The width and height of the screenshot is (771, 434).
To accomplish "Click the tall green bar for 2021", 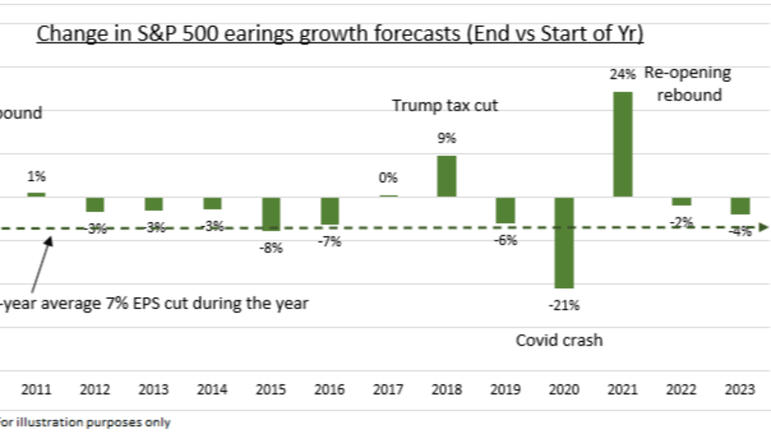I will pos(623,144).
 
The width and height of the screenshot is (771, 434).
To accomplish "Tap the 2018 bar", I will pos(446,176).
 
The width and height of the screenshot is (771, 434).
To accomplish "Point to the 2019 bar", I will pos(505,210).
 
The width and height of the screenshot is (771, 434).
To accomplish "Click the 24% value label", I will pos(622,74).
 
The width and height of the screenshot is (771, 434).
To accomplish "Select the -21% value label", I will pos(564,306).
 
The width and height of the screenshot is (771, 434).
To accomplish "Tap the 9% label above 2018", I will pos(446,138).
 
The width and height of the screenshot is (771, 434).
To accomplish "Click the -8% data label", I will pos(270,248).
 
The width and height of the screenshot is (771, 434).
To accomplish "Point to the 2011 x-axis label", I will pos(36,389).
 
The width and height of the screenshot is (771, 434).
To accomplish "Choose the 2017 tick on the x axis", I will pos(388,389).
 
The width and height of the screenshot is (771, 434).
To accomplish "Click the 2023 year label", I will pos(740,389).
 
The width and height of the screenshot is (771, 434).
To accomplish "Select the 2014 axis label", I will pos(212,389).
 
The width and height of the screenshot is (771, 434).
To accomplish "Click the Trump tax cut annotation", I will pos(445,105).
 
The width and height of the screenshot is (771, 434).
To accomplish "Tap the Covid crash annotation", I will pos(559,340).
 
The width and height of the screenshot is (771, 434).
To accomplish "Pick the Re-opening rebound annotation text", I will pos(688,84).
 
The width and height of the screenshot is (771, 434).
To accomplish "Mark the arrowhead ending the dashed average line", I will pos(764,227).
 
